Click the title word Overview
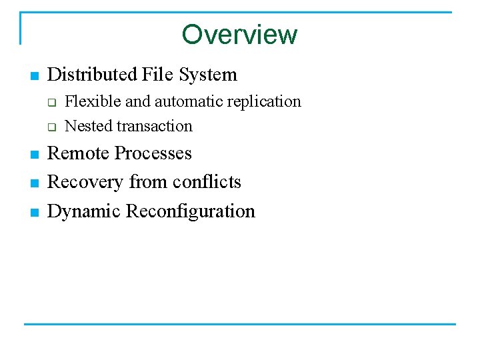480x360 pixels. pos(239,34)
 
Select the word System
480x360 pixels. pos(207,75)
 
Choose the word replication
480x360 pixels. pos(265,101)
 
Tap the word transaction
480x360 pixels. pos(153,126)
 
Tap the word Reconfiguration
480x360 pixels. pos(191,211)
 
